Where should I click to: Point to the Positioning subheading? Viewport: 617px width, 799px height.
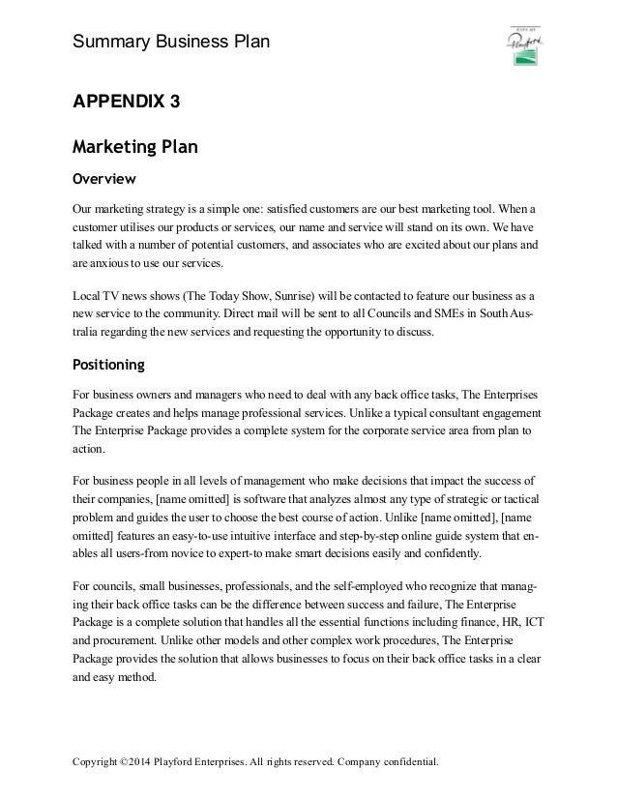coord(109,365)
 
